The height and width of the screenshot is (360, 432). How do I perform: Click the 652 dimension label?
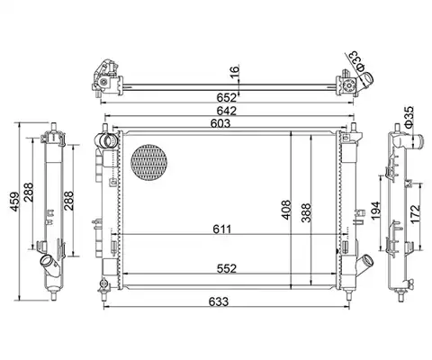(x=227, y=97)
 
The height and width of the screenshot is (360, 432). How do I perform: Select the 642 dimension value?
(x=227, y=111)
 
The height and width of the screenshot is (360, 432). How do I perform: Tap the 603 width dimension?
(x=220, y=123)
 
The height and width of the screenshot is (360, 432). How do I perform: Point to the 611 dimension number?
(x=222, y=229)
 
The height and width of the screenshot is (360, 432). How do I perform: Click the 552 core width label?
(x=227, y=268)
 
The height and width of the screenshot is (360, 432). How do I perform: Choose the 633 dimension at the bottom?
(x=219, y=301)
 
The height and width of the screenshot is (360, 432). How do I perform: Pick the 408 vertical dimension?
(x=286, y=210)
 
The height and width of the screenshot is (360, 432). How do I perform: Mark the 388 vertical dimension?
(x=306, y=213)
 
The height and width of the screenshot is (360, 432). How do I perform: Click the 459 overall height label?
(x=15, y=202)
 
